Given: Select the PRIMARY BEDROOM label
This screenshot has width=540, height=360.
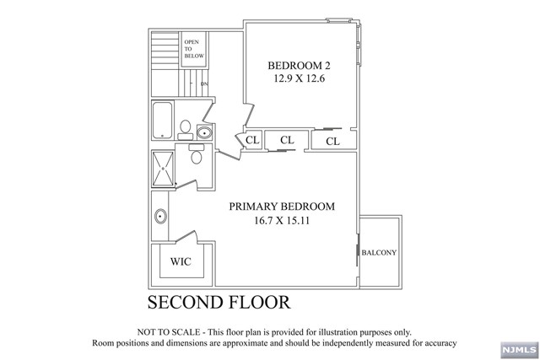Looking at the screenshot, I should pyautogui.click(x=283, y=207).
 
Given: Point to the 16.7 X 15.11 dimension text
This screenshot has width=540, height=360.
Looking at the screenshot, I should pyautogui.click(x=283, y=222).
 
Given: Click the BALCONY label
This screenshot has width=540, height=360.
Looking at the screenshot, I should pyautogui.click(x=379, y=253).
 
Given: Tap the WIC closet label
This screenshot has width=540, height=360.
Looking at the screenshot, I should pyautogui.click(x=181, y=262).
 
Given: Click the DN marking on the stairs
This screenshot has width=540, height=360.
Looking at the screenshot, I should pyautogui.click(x=203, y=84).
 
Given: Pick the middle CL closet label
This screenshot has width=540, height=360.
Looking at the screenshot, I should pyautogui.click(x=287, y=140).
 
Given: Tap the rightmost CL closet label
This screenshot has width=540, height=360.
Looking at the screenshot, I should pyautogui.click(x=332, y=141).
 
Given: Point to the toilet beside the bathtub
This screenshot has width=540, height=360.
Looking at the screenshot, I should pyautogui.click(x=185, y=127).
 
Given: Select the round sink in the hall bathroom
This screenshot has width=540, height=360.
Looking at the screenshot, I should pyautogui.click(x=204, y=132).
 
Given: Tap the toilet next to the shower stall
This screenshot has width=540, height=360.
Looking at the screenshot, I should pyautogui.click(x=196, y=156).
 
